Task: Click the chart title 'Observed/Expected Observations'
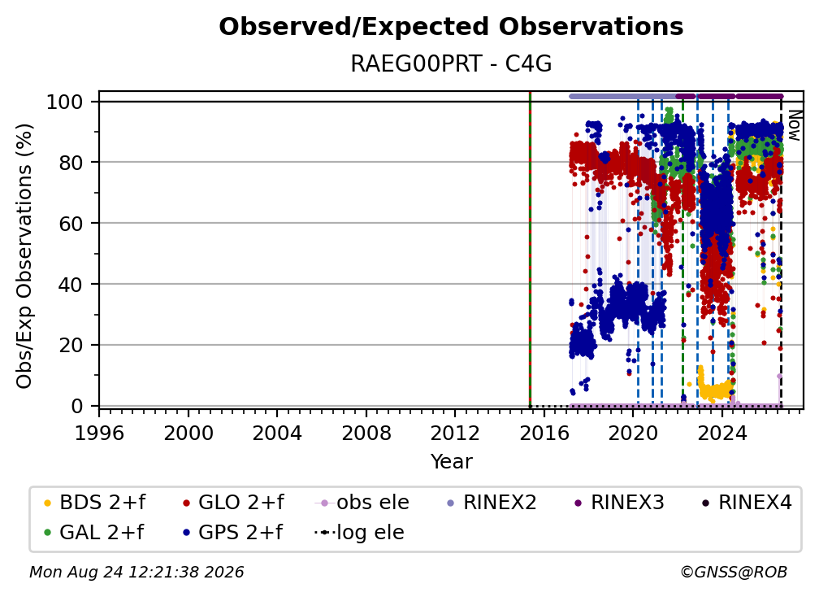pos(451,27)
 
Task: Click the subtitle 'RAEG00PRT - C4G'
pos(451,63)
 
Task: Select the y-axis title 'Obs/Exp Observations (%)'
pos(24,256)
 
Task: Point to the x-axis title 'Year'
pos(451,462)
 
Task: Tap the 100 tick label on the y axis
pos(65,102)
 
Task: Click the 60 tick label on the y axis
pos(71,224)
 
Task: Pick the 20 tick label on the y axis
pos(71,346)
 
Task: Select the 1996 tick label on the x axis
pos(99,434)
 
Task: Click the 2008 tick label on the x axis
pos(366,434)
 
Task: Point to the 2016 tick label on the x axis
pos(544,434)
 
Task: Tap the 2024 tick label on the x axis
pos(721,434)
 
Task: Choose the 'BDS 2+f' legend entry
pos(94,503)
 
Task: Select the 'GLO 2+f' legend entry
pos(233,503)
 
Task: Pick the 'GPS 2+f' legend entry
pos(232,533)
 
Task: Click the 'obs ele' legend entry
pos(362,503)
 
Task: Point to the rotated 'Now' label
pos(794,125)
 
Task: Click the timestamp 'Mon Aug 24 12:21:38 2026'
pos(136,573)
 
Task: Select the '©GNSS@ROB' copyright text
pos(734,573)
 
